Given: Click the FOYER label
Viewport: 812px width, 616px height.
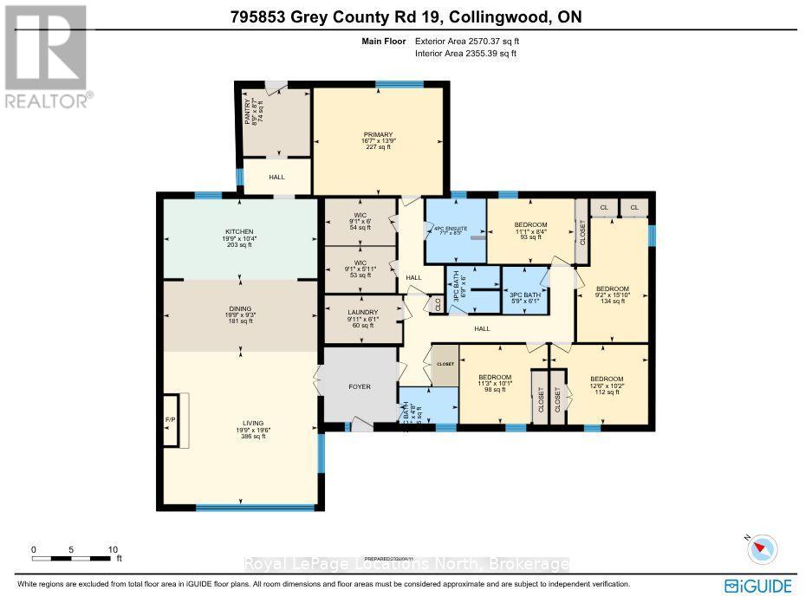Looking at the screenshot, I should pos(360,386).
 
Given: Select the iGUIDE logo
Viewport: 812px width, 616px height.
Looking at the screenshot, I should pos(758,587).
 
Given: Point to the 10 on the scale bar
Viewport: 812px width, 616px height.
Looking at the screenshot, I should pos(113,550).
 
